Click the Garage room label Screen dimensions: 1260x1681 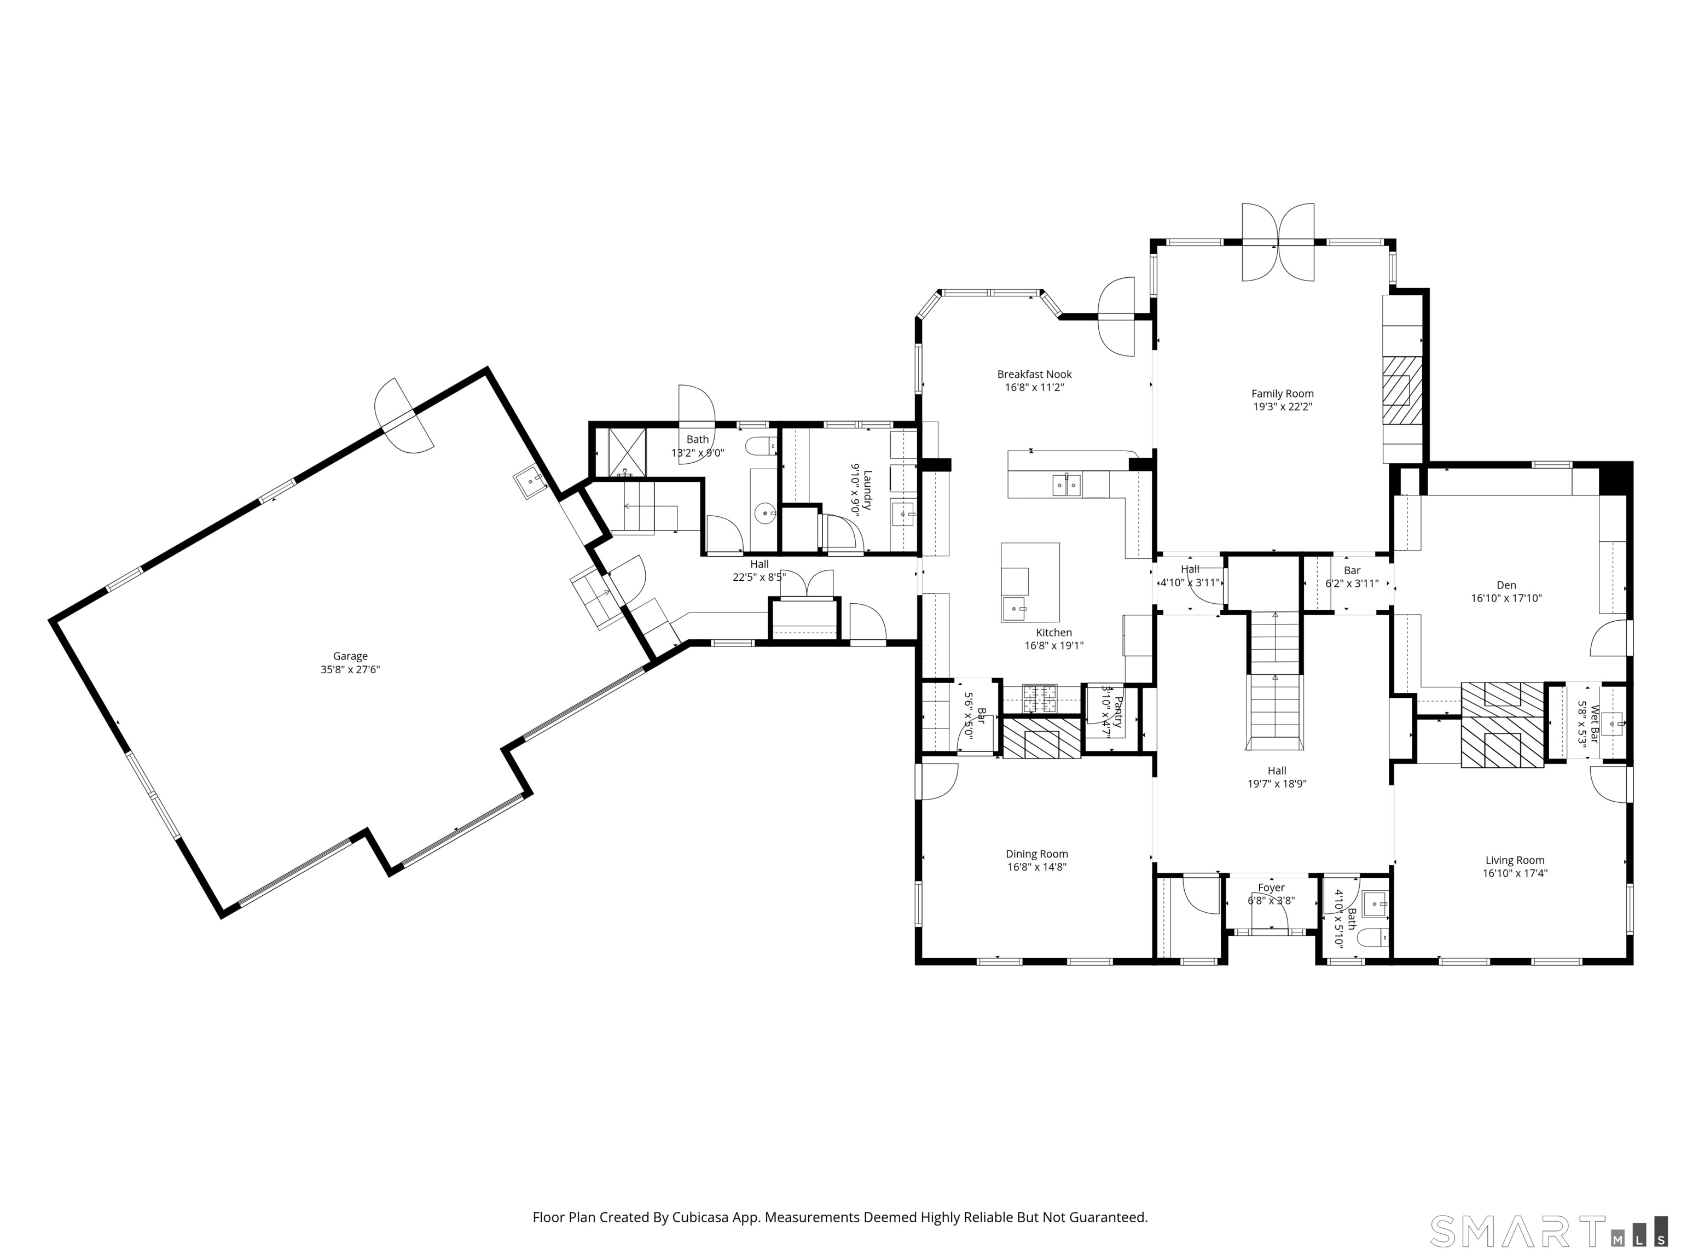(x=350, y=656)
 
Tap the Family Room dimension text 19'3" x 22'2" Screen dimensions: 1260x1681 (x=1282, y=406)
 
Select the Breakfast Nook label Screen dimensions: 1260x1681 (x=1034, y=374)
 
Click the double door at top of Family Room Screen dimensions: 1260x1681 (x=1278, y=243)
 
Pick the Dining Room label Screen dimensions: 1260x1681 (x=1036, y=854)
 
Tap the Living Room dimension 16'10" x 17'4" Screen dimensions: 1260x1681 (x=1515, y=873)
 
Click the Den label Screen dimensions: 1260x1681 (x=1506, y=585)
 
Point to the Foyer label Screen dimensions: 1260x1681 (x=1271, y=888)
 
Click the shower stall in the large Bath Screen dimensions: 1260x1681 (x=627, y=453)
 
